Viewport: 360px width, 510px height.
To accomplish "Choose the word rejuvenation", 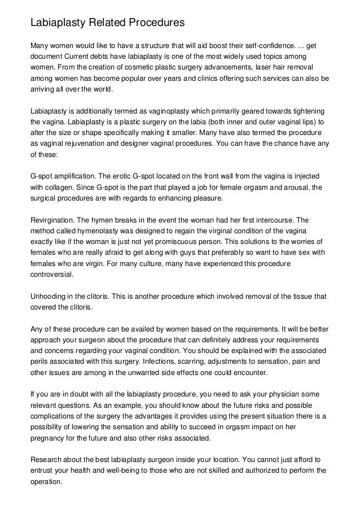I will click(77, 144).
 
